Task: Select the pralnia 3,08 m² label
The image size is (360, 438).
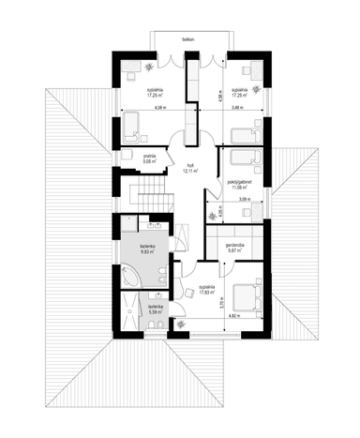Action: click(149, 159)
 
